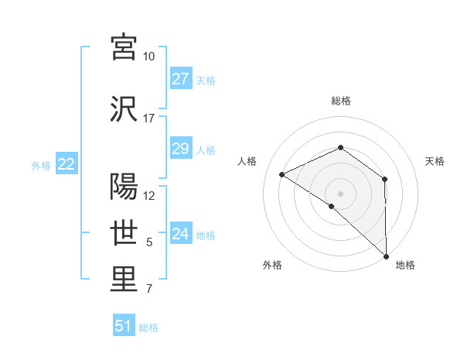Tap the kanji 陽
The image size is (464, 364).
(x=124, y=186)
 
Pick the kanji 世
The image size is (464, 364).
(x=124, y=232)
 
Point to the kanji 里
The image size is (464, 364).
(x=124, y=280)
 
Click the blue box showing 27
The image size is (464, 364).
(x=180, y=79)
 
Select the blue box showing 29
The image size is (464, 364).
(x=180, y=149)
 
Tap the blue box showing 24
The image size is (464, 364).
(x=180, y=234)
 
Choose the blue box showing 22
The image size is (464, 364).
(x=66, y=164)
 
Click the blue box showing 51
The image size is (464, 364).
(x=124, y=326)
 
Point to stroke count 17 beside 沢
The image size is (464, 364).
(x=149, y=118)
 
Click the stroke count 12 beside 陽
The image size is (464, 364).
(x=149, y=196)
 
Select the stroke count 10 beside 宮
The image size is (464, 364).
(x=149, y=57)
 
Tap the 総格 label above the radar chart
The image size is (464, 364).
(x=340, y=101)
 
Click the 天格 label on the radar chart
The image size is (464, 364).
(x=435, y=161)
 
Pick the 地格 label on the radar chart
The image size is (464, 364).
(x=405, y=265)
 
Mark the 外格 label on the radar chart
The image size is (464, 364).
(x=272, y=265)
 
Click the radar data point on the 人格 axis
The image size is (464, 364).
(x=282, y=174)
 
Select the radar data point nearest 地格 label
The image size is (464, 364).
(x=386, y=256)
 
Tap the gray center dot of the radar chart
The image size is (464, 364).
(x=340, y=193)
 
